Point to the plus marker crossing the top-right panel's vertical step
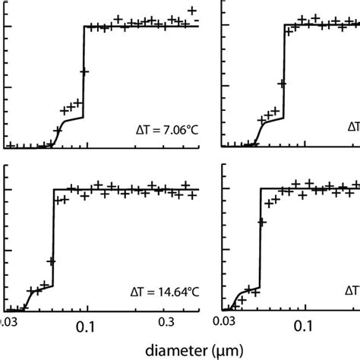(282, 83)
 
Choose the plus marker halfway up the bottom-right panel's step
(262, 223)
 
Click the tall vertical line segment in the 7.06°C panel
(82, 72)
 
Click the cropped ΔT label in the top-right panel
(353, 126)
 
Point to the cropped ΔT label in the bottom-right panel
(353, 289)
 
